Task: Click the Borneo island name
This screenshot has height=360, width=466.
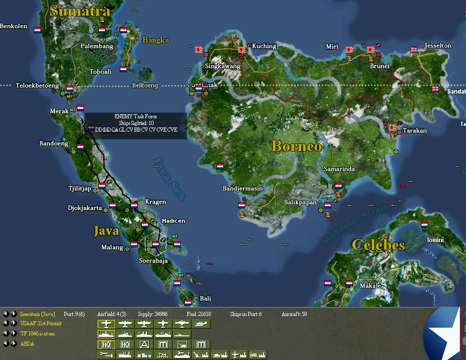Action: click(297, 146)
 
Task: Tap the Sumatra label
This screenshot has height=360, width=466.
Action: click(80, 11)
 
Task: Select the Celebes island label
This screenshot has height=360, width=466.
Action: click(378, 245)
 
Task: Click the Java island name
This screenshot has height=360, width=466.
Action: click(106, 231)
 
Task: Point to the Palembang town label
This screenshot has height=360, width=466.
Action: click(97, 46)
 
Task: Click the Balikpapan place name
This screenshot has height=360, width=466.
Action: click(300, 202)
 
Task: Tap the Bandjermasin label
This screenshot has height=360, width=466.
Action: click(242, 188)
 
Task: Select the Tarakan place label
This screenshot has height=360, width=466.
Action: click(414, 131)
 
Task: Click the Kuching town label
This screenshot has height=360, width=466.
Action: click(264, 46)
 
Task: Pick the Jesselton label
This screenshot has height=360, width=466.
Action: click(438, 46)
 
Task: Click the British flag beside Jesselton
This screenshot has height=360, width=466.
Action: click(414, 50)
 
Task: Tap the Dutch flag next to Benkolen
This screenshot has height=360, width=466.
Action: click(37, 30)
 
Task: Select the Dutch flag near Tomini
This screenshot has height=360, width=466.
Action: click(424, 225)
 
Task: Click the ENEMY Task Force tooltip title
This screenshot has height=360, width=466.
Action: click(136, 117)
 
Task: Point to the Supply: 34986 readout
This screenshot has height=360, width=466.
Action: click(153, 314)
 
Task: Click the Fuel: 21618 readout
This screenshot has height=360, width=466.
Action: click(200, 314)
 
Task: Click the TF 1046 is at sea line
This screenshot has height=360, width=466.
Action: click(37, 334)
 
